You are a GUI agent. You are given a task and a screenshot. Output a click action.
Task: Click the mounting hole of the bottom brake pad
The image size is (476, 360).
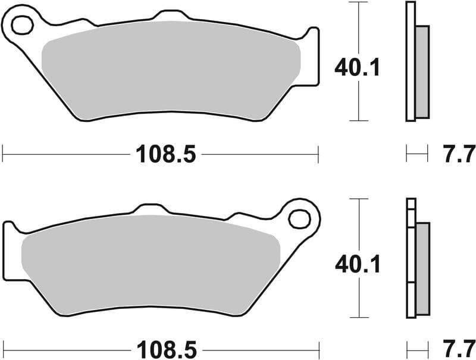click(x=299, y=218)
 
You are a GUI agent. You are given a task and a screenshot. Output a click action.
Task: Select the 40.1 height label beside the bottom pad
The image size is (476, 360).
click(x=357, y=262)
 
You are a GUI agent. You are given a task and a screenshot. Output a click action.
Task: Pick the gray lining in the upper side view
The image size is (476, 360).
click(x=421, y=71)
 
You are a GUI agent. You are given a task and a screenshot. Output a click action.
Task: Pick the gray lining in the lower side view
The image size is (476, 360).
click(x=422, y=268)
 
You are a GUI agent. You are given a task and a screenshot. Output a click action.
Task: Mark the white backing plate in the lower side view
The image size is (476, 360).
click(x=410, y=256)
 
